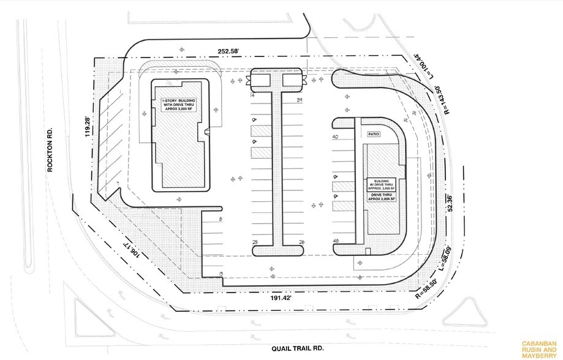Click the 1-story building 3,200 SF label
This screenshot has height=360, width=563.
(179, 104)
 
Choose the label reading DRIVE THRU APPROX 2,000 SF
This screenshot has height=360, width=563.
(380, 197)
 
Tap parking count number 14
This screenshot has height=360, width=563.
(252, 96)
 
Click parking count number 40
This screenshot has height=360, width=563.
(335, 137)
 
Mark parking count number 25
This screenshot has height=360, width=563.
(254, 242)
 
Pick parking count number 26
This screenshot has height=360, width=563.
(301, 242)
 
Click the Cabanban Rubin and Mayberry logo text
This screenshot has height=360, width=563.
(537, 348)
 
